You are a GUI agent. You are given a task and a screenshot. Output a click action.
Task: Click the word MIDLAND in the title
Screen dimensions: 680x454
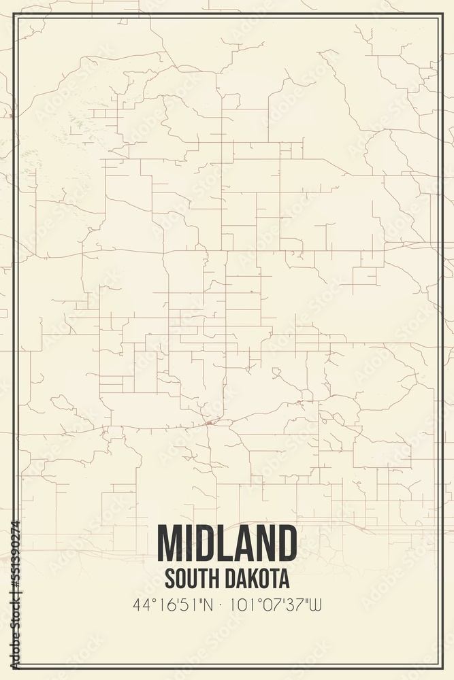coord(227,544)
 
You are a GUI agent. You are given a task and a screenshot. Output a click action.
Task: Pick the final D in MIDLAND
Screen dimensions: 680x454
coord(286,544)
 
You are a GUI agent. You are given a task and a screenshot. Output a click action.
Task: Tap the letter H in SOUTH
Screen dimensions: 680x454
coord(212,579)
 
